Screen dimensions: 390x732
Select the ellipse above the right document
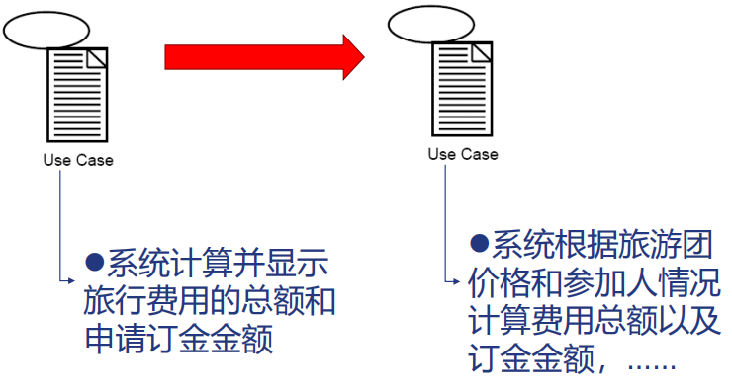tap(427, 24)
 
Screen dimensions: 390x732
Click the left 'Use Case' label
tap(78, 160)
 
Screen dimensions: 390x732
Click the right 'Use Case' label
tap(463, 154)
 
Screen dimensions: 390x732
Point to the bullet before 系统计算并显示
tap(95, 262)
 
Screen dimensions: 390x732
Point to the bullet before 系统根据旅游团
tap(480, 243)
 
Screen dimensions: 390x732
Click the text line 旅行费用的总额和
tap(207, 301)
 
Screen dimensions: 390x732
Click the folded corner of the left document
tap(95, 57)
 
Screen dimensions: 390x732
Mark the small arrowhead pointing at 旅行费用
tap(70, 281)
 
